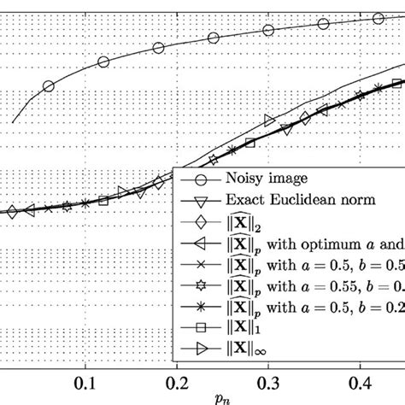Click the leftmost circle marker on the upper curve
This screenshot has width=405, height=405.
[48, 85]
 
